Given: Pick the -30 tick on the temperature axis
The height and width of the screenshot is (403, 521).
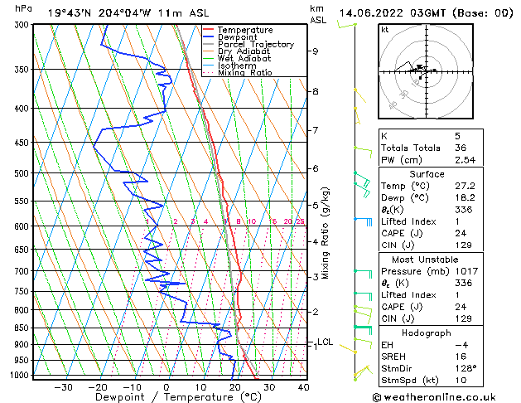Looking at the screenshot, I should click(x=63, y=386).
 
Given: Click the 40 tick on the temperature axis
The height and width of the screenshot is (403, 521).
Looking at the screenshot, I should click(x=303, y=386).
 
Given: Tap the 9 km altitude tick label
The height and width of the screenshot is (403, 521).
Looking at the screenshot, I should click(x=316, y=51).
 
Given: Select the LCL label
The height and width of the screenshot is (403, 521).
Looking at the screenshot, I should click(x=325, y=342).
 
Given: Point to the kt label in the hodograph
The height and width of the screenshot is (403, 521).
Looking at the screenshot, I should click(x=384, y=30).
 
